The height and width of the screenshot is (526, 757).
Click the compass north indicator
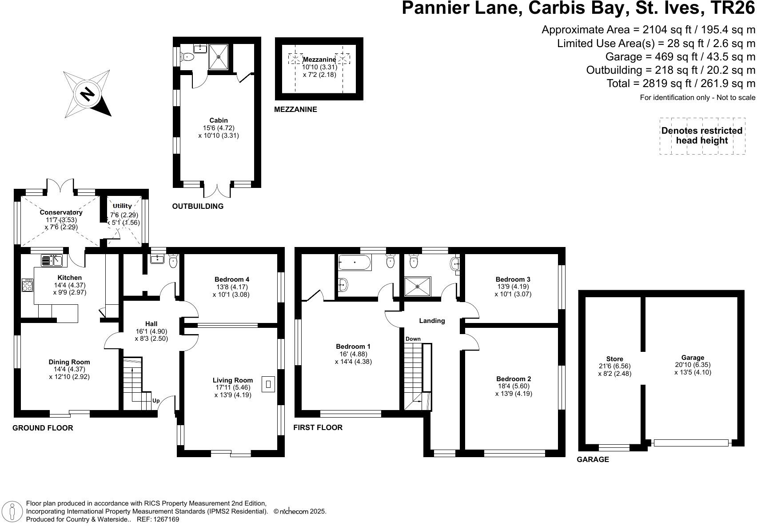pyautogui.click(x=87, y=94)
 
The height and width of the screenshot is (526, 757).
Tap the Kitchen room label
pyautogui.click(x=70, y=278)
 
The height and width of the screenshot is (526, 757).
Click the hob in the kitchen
pyautogui.click(x=28, y=285)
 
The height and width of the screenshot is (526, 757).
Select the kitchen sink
pyautogui.click(x=52, y=261)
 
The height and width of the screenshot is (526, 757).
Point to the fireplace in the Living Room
pyautogui.click(x=269, y=384)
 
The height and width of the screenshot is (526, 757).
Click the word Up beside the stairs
pyautogui.click(x=156, y=401)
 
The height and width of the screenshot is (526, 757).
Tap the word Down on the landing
pyautogui.click(x=413, y=339)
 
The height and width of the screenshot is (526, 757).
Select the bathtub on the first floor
pyautogui.click(x=355, y=263)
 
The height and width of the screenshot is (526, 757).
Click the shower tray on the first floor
pyautogui.click(x=418, y=287)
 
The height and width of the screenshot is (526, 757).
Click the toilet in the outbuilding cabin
pyautogui.click(x=187, y=57)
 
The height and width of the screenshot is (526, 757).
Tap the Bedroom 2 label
pyautogui.click(x=514, y=379)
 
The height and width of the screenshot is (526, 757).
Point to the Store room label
pyautogui.click(x=614, y=359)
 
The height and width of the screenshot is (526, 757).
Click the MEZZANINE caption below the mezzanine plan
pyautogui.click(x=295, y=110)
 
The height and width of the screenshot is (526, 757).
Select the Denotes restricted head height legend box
pyautogui.click(x=702, y=136)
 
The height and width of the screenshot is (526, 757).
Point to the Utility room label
pyautogui.click(x=122, y=206)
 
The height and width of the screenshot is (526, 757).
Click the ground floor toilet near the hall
pyautogui.click(x=173, y=261)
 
